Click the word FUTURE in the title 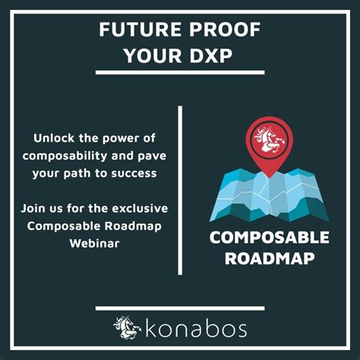click(x=140, y=31)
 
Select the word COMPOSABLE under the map click(x=269, y=238)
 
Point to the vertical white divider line click(x=180, y=190)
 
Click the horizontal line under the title click(x=180, y=73)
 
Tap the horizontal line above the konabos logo click(x=180, y=308)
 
